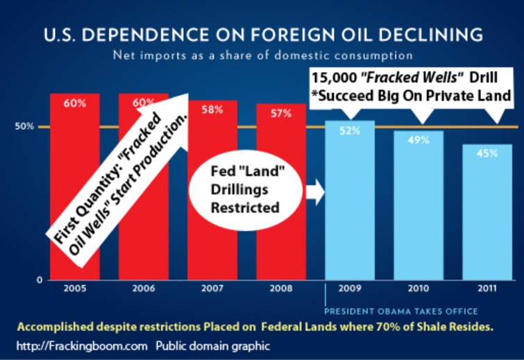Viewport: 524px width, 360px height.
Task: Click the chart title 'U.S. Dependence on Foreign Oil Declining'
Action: tap(262, 34)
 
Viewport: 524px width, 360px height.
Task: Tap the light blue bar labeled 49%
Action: tap(419, 208)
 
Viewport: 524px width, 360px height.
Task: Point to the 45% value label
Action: tap(487, 153)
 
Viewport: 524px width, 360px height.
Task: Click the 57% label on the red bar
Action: tap(280, 114)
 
